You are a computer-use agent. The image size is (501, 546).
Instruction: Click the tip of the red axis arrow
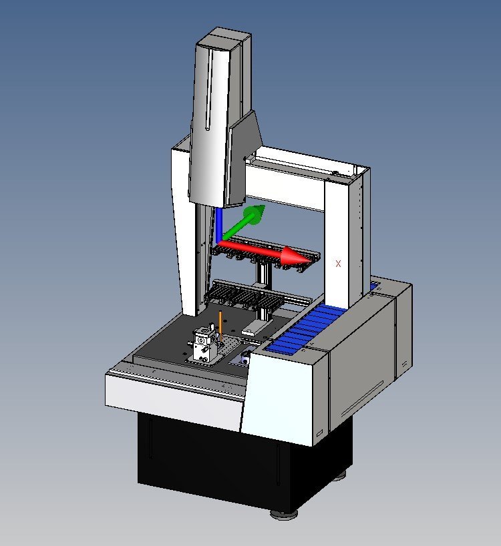(312, 260)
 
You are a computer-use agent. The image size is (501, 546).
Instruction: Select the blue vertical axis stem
(219, 224)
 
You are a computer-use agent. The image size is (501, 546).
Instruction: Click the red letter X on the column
(338, 264)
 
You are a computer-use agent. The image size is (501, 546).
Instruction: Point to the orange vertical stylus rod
(220, 326)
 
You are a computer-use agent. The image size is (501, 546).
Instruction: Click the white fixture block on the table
(203, 344)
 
